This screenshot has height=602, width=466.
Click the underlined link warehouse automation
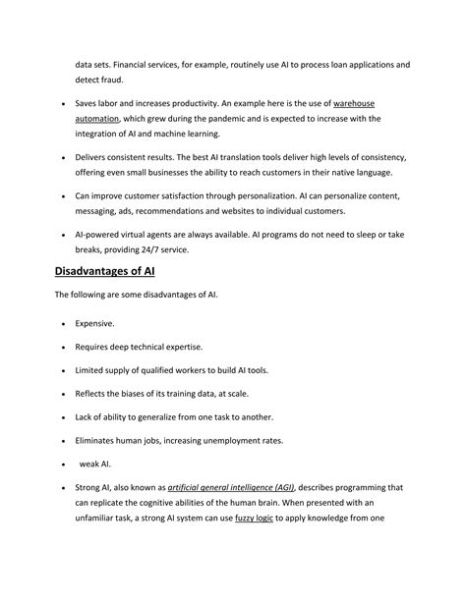pyautogui.click(x=354, y=103)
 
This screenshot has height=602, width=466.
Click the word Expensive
pyautogui.click(x=95, y=322)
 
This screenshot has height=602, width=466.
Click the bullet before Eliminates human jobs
pyautogui.click(x=63, y=441)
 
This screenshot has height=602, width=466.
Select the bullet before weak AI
pyautogui.click(x=63, y=465)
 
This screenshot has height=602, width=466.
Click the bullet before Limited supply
pyautogui.click(x=63, y=370)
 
